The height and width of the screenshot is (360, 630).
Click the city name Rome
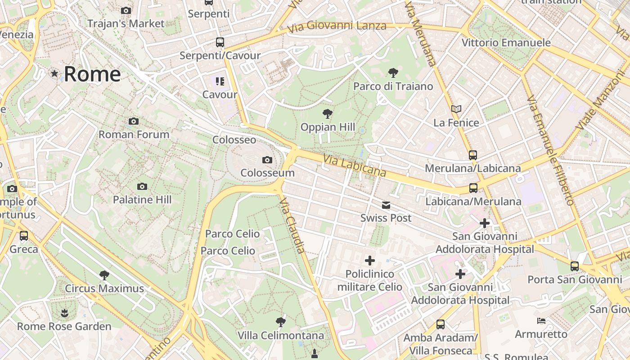pyautogui.click(x=92, y=74)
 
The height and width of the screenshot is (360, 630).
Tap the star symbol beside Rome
pyautogui.click(x=54, y=73)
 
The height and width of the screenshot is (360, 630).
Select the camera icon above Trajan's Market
pyautogui.click(x=126, y=10)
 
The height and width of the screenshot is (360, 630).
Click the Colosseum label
pyautogui.click(x=267, y=173)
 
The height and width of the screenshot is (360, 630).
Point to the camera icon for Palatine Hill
pyautogui.click(x=142, y=186)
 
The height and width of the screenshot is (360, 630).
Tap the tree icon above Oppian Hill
pyautogui.click(x=328, y=114)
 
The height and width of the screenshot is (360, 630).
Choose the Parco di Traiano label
pyautogui.click(x=393, y=86)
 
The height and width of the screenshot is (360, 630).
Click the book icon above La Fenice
pyautogui.click(x=456, y=109)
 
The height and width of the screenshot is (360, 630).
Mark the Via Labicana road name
pyautogui.click(x=355, y=166)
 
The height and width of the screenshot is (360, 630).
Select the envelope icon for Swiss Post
pyautogui.click(x=386, y=205)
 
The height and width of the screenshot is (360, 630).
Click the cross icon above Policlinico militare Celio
pyautogui.click(x=369, y=261)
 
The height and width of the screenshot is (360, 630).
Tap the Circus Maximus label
pyautogui.click(x=104, y=288)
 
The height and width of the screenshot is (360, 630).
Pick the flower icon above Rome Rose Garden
pyautogui.click(x=64, y=313)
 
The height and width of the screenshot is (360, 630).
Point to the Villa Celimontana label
pyautogui.click(x=281, y=336)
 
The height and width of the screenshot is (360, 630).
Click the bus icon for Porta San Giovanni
pyautogui.click(x=575, y=266)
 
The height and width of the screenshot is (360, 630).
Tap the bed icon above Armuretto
pyautogui.click(x=541, y=321)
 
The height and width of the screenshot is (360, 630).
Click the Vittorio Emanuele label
pyautogui.click(x=506, y=43)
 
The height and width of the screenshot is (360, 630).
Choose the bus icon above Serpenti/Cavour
pyautogui.click(x=220, y=42)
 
